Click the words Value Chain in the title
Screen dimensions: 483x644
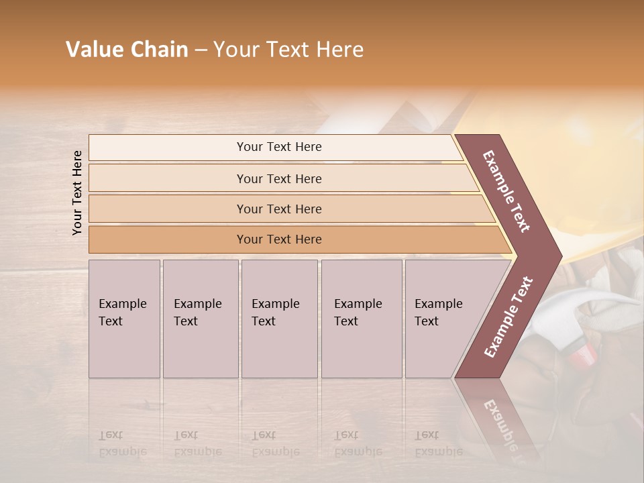tap(127, 50)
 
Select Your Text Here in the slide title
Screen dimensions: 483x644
tap(288, 50)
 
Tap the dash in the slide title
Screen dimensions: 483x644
tap(201, 50)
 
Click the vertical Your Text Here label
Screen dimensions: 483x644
tap(77, 193)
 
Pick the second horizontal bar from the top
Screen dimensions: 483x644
tap(279, 178)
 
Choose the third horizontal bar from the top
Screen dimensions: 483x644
tap(279, 209)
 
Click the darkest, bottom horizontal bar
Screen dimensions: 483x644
tap(279, 239)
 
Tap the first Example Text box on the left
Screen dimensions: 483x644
tap(124, 319)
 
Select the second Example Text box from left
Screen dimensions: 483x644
tap(200, 319)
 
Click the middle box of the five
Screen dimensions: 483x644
tap(279, 319)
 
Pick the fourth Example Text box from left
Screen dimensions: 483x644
tap(361, 319)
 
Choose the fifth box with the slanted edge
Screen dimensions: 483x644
tap(443, 319)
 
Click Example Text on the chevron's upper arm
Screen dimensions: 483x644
tap(506, 191)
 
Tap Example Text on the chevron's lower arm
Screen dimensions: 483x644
tap(508, 317)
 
